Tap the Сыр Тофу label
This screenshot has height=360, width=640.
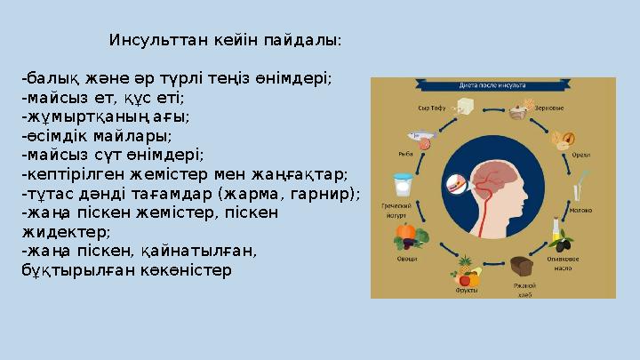pyautogui.click(x=431, y=108)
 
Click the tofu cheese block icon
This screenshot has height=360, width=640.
pyautogui.click(x=463, y=107)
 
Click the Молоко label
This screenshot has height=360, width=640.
pyautogui.click(x=580, y=211)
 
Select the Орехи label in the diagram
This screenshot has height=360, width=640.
pyautogui.click(x=581, y=154)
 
